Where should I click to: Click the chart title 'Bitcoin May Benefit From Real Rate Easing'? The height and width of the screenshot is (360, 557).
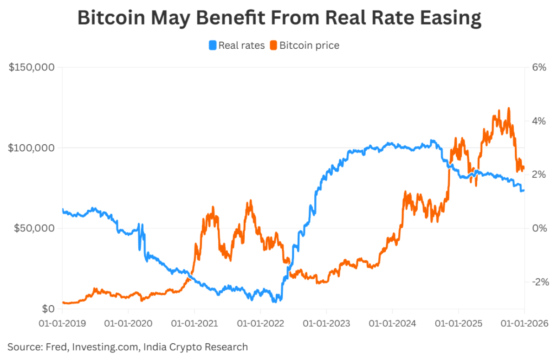279,18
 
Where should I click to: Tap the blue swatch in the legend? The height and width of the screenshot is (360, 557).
213,45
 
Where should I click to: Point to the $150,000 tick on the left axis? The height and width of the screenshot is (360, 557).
32,67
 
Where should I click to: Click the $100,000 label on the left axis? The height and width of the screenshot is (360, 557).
32,148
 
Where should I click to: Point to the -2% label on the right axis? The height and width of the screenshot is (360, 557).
539,282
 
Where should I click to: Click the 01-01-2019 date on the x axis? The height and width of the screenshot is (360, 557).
62,323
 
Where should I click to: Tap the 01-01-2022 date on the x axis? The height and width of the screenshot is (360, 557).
260,323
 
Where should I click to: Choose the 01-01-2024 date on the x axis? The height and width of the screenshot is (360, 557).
392,323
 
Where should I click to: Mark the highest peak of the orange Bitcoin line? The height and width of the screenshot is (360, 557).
509,108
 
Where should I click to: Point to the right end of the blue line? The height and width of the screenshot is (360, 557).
524,190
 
